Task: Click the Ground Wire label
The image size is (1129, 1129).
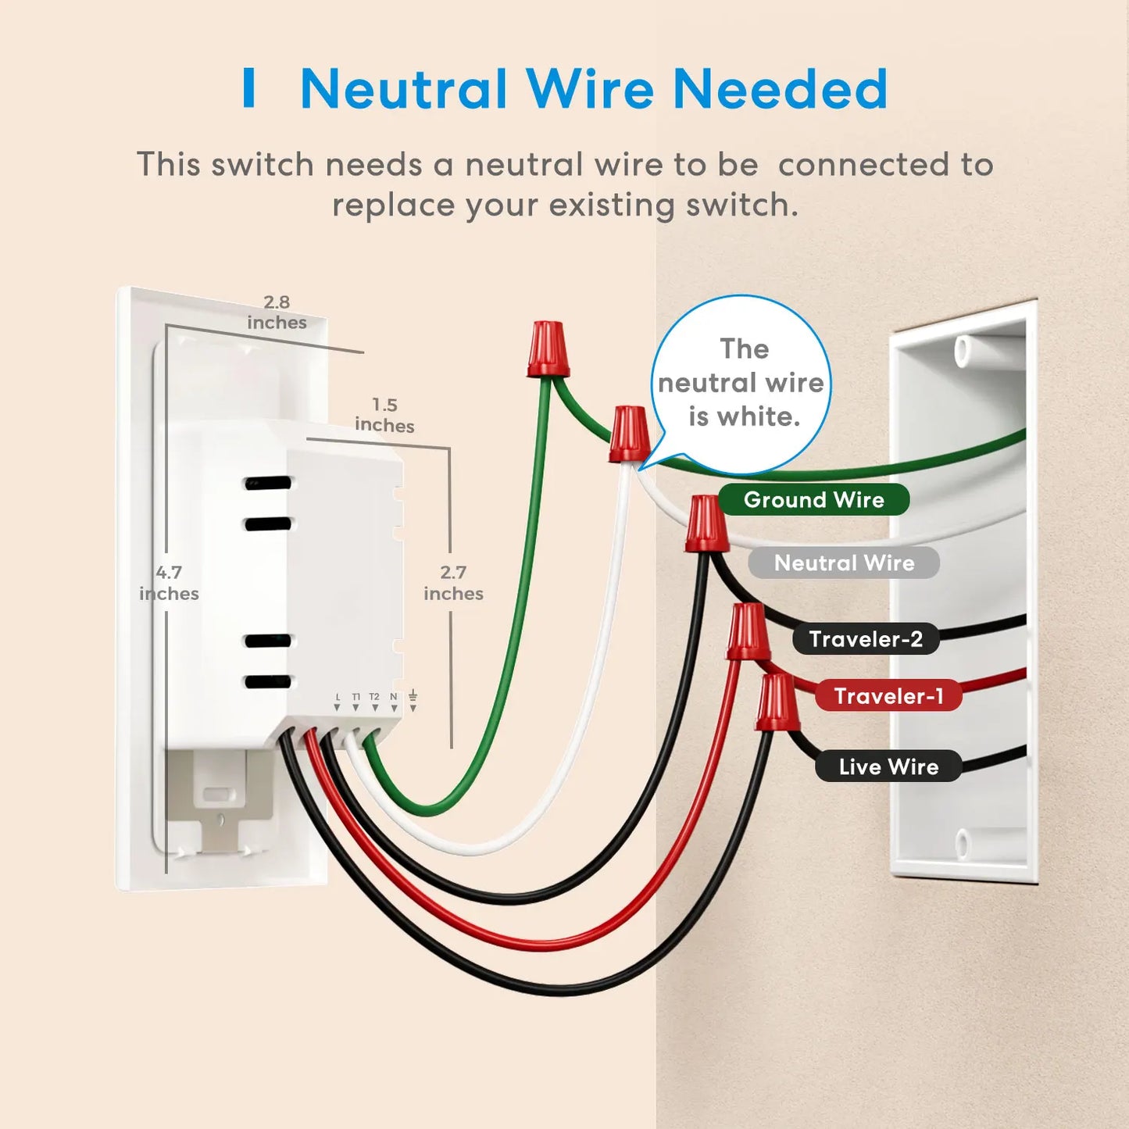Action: pyautogui.click(x=813, y=499)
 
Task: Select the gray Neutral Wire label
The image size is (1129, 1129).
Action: pyautogui.click(x=844, y=563)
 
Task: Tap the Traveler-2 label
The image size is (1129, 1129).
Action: pyautogui.click(x=866, y=639)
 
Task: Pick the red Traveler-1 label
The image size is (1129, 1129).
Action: pyautogui.click(x=888, y=695)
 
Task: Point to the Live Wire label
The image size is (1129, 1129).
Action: pyautogui.click(x=888, y=766)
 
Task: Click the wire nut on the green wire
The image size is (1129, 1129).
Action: pyautogui.click(x=548, y=349)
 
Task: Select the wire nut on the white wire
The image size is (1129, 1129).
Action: pyautogui.click(x=629, y=434)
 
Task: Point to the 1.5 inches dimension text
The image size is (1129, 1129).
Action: pyautogui.click(x=384, y=415)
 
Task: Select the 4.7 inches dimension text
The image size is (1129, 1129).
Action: pyautogui.click(x=169, y=583)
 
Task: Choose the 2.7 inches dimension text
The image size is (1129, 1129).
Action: pyautogui.click(x=453, y=583)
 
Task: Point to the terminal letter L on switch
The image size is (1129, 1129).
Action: pyautogui.click(x=338, y=696)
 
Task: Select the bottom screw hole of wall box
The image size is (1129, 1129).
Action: pyautogui.click(x=962, y=844)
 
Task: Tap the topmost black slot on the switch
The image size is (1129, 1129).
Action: pyautogui.click(x=268, y=483)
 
